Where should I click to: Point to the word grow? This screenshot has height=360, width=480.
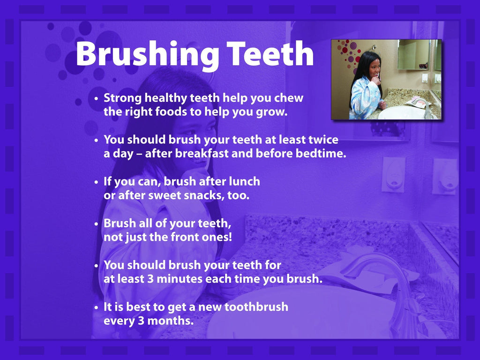coord(271,113)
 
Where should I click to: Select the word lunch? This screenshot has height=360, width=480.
coord(244,181)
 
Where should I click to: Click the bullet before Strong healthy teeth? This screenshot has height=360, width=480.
coord(96,99)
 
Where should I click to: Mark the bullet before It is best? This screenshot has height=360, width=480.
coord(96,307)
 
